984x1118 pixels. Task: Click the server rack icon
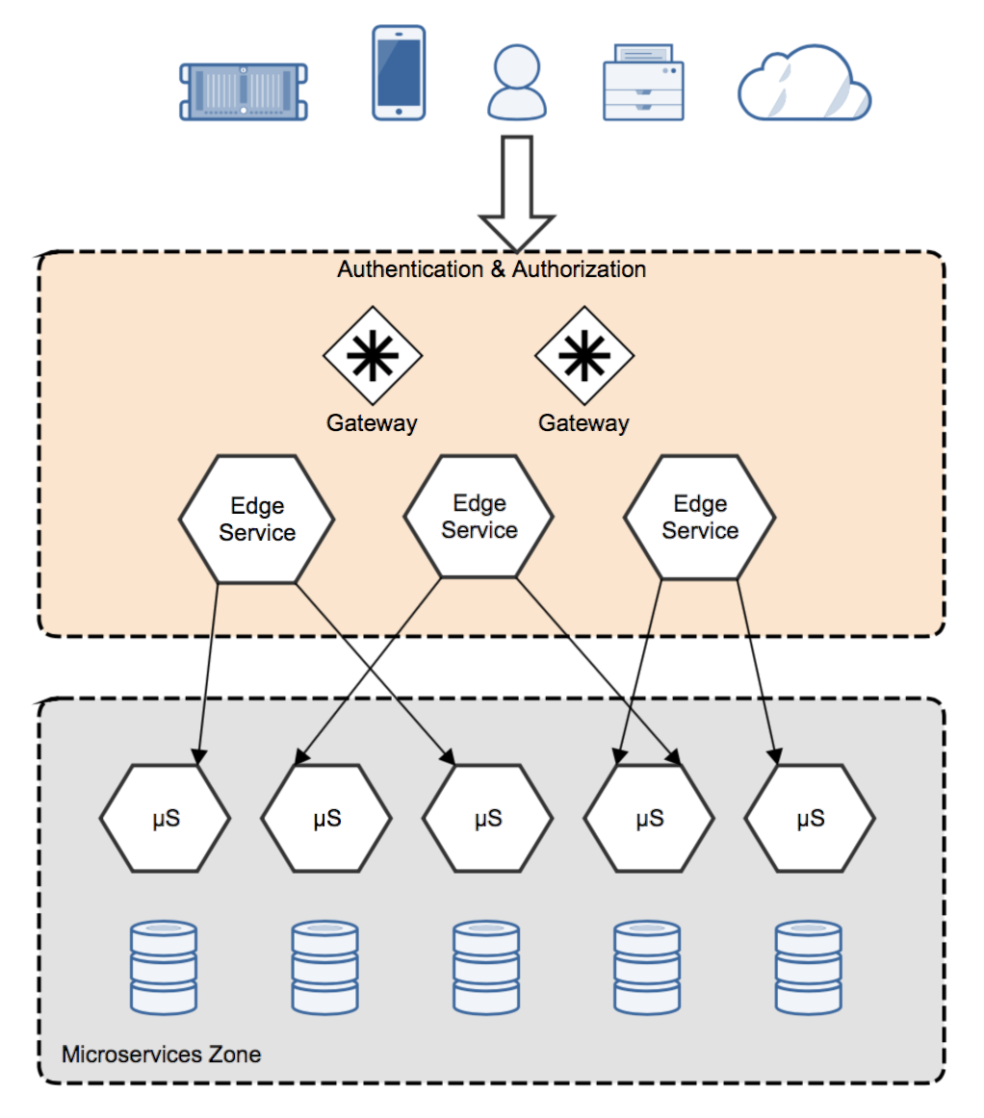click(244, 91)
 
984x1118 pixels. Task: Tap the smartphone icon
click(399, 73)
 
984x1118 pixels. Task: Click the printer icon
click(643, 85)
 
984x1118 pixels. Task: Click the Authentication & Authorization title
click(491, 269)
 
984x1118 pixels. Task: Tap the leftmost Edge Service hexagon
click(256, 519)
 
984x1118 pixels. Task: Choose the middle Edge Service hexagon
click(479, 517)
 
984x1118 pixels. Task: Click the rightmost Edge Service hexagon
click(700, 518)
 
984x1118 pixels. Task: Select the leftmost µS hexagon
click(165, 819)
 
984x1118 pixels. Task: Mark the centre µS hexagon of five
click(488, 819)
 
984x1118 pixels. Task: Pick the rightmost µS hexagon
click(810, 819)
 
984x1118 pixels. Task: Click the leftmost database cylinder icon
click(163, 967)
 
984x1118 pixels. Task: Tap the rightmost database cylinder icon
click(809, 967)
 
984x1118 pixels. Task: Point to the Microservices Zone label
click(161, 1054)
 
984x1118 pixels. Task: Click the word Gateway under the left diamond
click(372, 422)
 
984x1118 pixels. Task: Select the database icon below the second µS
click(324, 967)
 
